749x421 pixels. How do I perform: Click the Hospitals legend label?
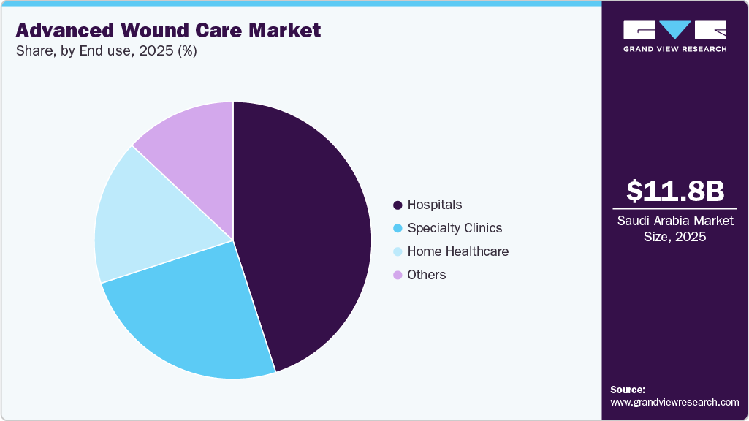435,205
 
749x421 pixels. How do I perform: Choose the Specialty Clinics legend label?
455,228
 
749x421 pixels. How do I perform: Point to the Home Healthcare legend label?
458,251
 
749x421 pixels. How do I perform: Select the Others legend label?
427,275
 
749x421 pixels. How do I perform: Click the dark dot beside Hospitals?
398,205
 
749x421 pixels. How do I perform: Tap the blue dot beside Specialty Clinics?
398,229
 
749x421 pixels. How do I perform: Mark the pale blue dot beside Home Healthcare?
398,252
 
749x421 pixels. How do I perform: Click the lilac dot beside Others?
398,276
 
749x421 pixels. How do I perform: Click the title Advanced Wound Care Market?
168,31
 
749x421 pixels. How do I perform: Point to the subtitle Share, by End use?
106,51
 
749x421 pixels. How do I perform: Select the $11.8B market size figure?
675,191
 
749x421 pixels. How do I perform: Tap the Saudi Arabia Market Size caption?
675,228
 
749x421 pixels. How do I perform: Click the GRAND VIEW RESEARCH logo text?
675,49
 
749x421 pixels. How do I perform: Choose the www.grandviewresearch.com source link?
674,402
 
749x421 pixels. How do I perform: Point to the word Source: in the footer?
628,390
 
